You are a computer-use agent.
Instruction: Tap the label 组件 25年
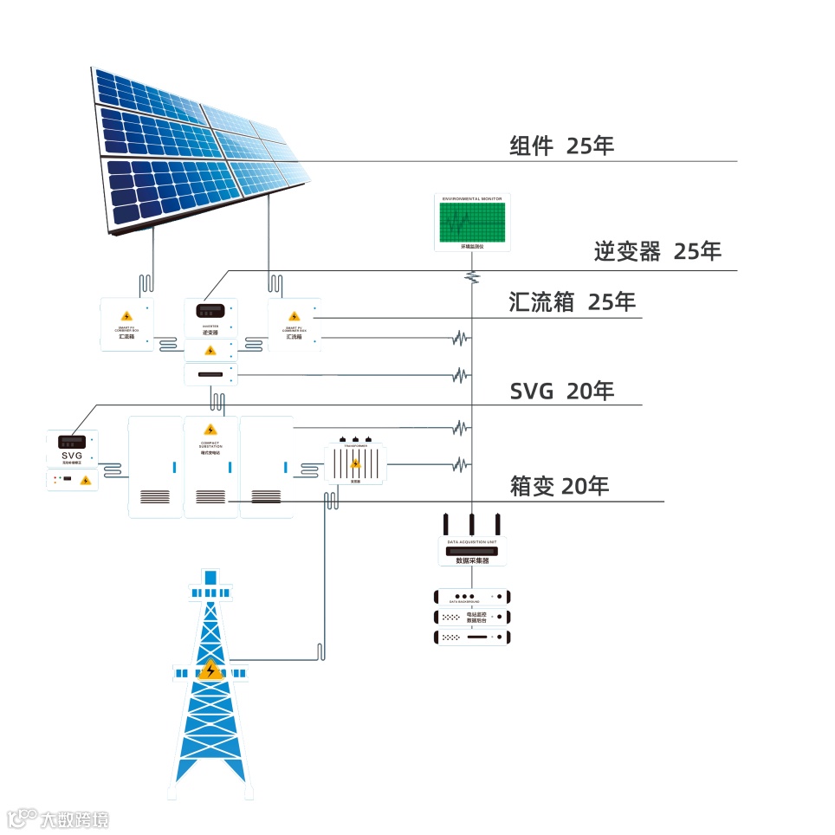click(x=561, y=146)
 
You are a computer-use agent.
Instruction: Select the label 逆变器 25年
click(x=657, y=251)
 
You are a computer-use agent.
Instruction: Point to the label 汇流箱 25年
click(x=572, y=302)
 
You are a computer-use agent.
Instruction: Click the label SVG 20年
click(x=562, y=391)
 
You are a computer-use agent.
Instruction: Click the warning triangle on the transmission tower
click(x=210, y=670)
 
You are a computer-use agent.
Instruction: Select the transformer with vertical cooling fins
click(x=355, y=463)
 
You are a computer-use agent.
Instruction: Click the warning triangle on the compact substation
click(x=210, y=430)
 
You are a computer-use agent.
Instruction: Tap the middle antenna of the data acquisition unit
click(x=472, y=523)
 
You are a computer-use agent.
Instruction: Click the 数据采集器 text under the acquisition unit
click(x=473, y=560)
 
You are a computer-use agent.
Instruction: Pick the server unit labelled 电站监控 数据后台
click(x=472, y=618)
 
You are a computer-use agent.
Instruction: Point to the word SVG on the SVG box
click(x=71, y=456)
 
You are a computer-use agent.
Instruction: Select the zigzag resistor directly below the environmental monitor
click(x=472, y=276)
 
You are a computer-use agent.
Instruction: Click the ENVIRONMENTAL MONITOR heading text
click(x=472, y=199)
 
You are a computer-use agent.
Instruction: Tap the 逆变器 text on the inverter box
click(x=210, y=332)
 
